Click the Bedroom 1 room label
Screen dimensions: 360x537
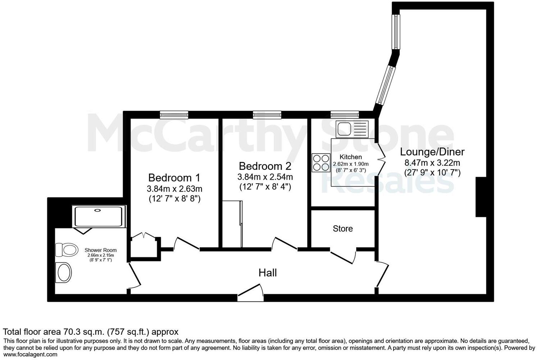tap(174, 178)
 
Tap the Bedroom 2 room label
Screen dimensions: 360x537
tap(265, 166)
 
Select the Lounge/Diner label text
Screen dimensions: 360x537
tap(432, 152)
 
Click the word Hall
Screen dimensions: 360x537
tap(268, 273)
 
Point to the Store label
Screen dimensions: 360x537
tap(342, 229)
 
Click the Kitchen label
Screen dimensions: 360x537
tap(351, 157)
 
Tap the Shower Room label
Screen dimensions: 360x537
tap(100, 250)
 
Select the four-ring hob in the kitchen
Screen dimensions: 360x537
tap(321, 163)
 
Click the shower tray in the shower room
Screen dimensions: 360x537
tap(98, 216)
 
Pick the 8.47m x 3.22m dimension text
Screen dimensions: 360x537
tap(432, 163)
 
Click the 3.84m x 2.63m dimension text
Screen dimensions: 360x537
tap(174, 189)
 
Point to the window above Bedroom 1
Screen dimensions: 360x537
tap(174, 114)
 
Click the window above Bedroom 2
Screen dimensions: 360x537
tap(267, 114)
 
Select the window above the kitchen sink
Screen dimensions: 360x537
tap(345, 114)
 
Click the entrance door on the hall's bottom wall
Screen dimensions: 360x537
tap(250, 293)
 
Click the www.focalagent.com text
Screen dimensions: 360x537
tap(30, 355)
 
